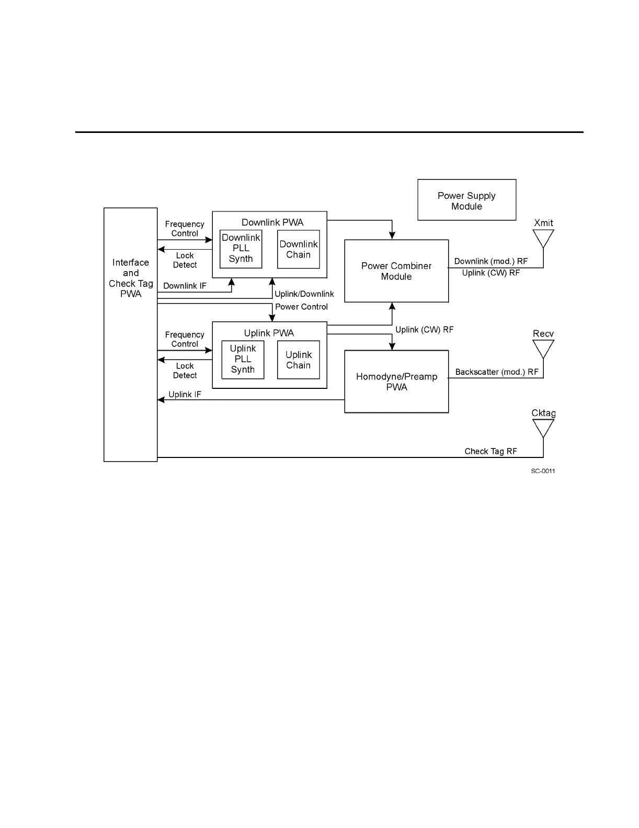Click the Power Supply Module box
tap(466, 200)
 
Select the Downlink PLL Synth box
tap(241, 249)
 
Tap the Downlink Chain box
tap(298, 250)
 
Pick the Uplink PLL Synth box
tap(243, 359)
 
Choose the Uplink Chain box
tap(298, 360)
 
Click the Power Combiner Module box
tap(396, 271)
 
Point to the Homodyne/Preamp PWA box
tap(396, 382)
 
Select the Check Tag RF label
tap(490, 451)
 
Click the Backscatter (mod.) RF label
tap(497, 372)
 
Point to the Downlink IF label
tap(185, 286)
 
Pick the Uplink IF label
tap(185, 395)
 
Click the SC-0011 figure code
tap(543, 471)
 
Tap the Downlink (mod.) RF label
tap(491, 261)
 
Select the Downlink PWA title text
tap(272, 222)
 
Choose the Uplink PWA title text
tap(269, 333)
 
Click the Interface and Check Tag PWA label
tap(131, 278)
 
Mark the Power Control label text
tap(301, 307)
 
